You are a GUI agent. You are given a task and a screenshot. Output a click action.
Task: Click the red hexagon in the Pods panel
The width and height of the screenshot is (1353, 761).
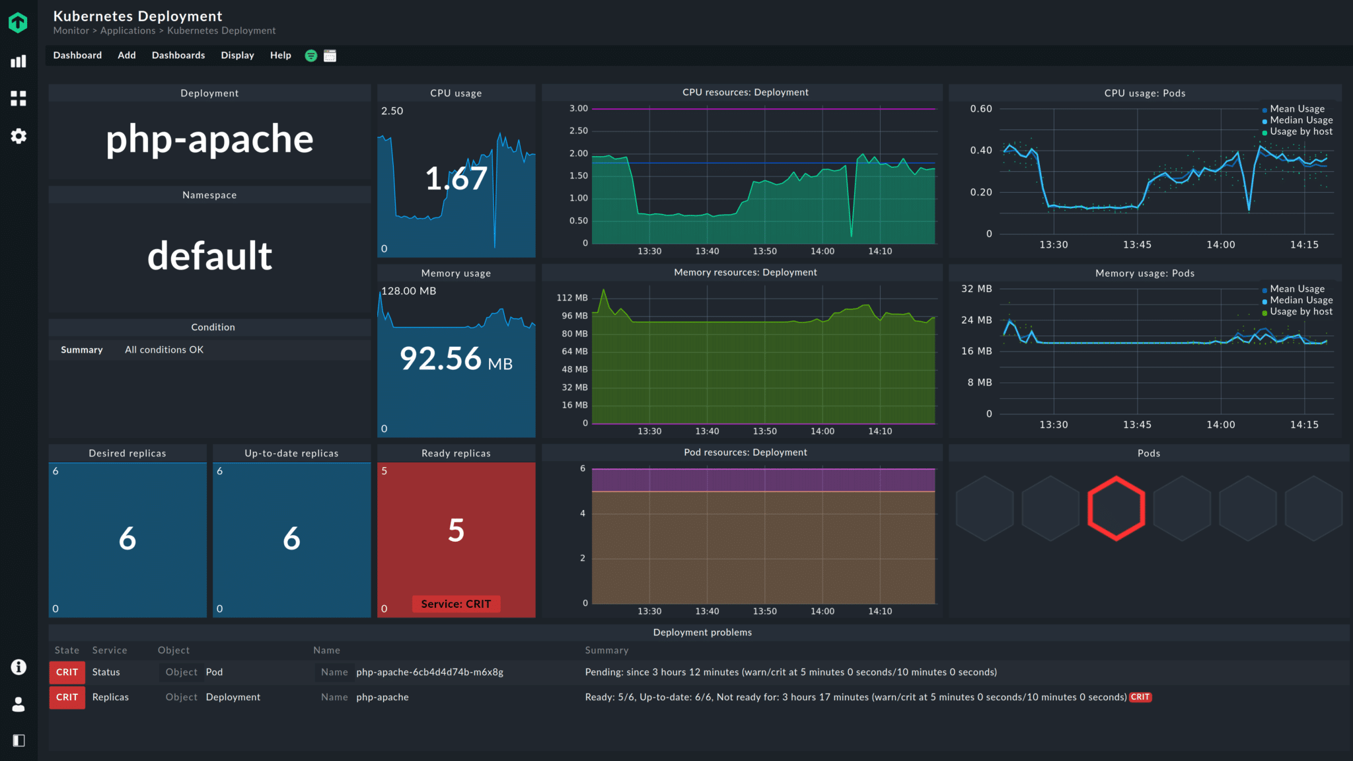click(x=1116, y=509)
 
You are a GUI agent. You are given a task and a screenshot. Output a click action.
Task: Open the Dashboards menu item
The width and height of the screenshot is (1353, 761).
click(x=178, y=55)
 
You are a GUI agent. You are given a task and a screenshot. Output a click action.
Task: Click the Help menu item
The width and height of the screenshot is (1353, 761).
click(x=280, y=55)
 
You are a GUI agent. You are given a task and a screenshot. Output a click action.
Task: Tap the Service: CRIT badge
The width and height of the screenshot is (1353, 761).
click(x=456, y=604)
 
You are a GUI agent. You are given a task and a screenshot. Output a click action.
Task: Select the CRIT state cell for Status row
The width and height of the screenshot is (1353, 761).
click(x=67, y=672)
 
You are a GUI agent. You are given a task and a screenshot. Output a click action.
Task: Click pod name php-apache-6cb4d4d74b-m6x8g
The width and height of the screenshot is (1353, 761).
click(x=429, y=672)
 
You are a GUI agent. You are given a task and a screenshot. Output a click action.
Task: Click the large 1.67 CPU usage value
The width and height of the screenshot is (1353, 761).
click(x=456, y=179)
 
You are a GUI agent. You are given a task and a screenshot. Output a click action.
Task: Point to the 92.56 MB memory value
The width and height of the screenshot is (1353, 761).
click(x=456, y=359)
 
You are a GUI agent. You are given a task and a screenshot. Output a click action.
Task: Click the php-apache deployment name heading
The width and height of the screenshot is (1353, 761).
click(x=209, y=139)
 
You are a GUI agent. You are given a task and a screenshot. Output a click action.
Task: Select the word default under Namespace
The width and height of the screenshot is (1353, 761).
click(x=209, y=256)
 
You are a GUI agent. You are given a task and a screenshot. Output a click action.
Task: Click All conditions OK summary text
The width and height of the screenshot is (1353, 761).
click(x=164, y=350)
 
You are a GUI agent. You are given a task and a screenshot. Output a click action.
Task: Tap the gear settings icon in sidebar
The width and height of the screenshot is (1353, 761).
click(x=18, y=136)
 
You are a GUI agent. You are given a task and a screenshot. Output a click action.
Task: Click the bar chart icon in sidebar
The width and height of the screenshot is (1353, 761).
click(x=18, y=61)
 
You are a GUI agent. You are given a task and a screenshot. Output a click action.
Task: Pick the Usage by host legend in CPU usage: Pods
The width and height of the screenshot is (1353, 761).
click(x=1300, y=131)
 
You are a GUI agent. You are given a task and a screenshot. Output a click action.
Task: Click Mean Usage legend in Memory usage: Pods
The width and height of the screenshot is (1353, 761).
click(x=1296, y=289)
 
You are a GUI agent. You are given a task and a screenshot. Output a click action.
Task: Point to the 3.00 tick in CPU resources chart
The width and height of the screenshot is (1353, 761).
click(x=578, y=108)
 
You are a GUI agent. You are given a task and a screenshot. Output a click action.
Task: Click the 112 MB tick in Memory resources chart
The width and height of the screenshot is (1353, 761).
click(x=571, y=298)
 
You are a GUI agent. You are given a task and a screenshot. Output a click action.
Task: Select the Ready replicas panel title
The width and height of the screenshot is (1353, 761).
click(x=456, y=453)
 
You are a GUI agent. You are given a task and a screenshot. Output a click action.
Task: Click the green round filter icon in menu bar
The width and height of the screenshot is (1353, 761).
click(x=311, y=56)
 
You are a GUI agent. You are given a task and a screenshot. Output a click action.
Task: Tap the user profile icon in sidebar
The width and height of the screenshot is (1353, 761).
click(x=18, y=704)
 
